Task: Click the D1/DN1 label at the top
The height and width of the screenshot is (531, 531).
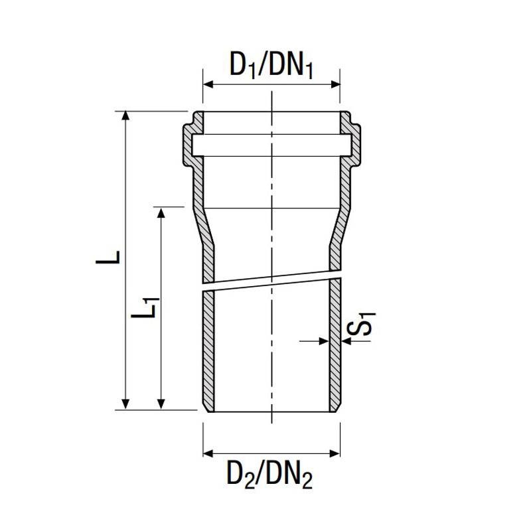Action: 271,65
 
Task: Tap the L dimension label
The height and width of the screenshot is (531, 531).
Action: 108,258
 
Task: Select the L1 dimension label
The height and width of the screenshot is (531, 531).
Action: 145,307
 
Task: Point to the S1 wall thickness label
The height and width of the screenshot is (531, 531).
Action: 361,324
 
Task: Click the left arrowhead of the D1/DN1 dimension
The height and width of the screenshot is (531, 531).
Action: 208,84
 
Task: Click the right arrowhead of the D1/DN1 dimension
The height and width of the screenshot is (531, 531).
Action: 335,84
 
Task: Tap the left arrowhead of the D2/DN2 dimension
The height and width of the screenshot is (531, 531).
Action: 208,453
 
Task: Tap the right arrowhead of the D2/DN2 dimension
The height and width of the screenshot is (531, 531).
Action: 335,453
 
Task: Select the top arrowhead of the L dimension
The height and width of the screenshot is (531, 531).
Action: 125,115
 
